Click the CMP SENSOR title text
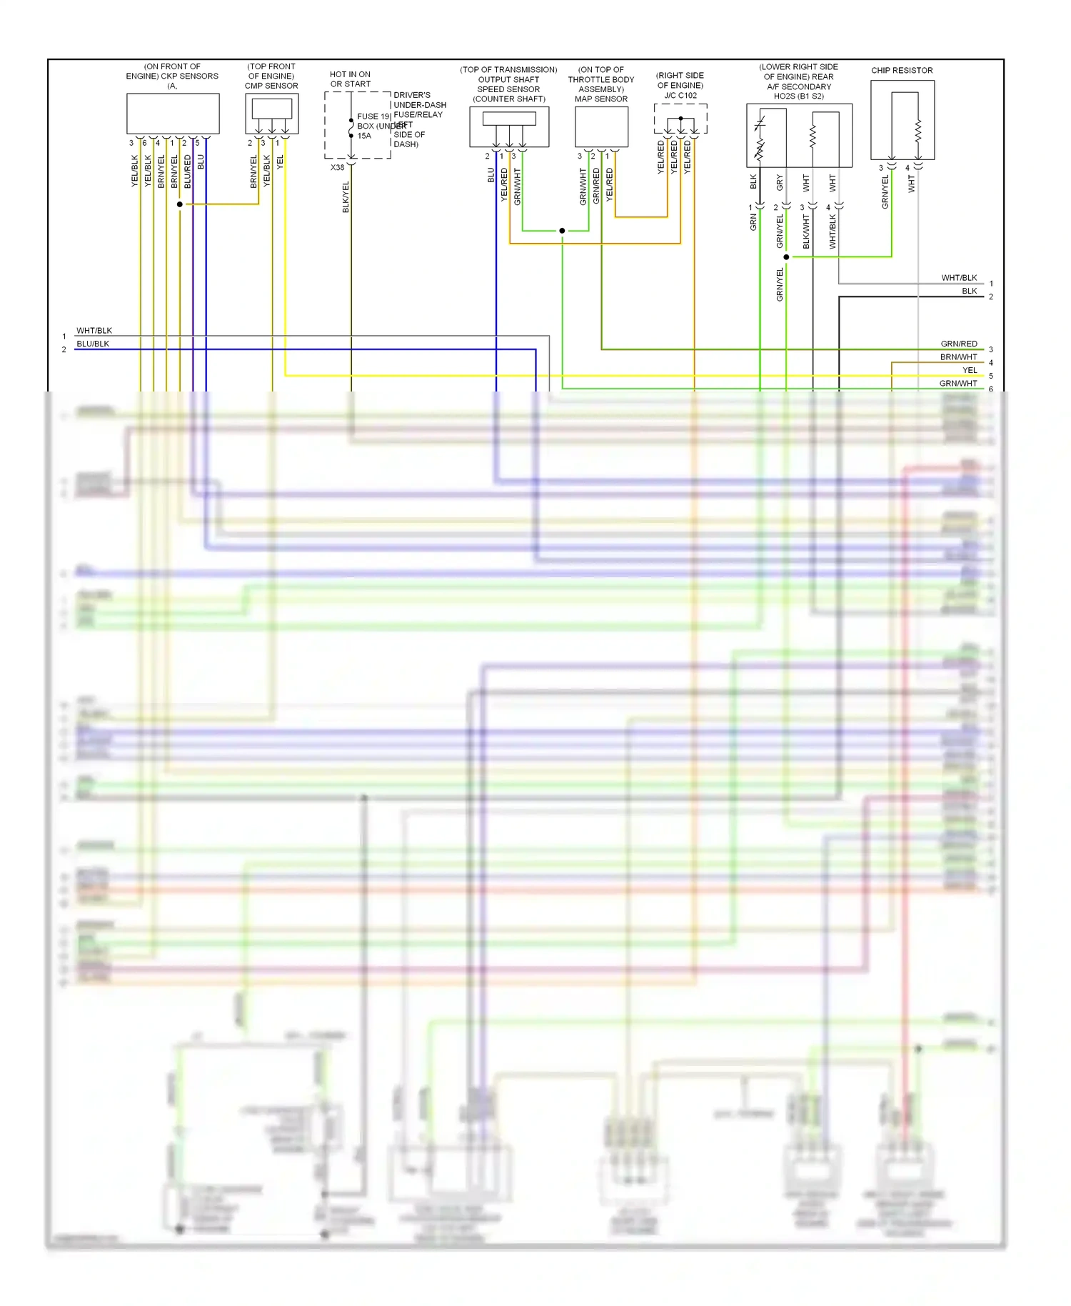[271, 86]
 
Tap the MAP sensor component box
[601, 126]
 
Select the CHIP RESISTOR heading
[902, 70]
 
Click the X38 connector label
[337, 168]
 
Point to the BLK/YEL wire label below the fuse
[346, 196]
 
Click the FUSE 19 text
[373, 116]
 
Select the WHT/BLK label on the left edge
[94, 331]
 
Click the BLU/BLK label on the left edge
[93, 344]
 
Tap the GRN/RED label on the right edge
[958, 344]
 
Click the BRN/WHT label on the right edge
[958, 357]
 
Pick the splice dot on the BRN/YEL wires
[180, 204]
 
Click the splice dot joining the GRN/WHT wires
[562, 231]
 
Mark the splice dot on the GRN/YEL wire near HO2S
[786, 257]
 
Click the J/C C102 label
[680, 95]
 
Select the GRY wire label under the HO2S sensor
[780, 182]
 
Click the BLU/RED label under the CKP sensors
[188, 171]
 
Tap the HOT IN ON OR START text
[350, 79]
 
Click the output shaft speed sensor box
[509, 126]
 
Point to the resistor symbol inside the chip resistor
[918, 131]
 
